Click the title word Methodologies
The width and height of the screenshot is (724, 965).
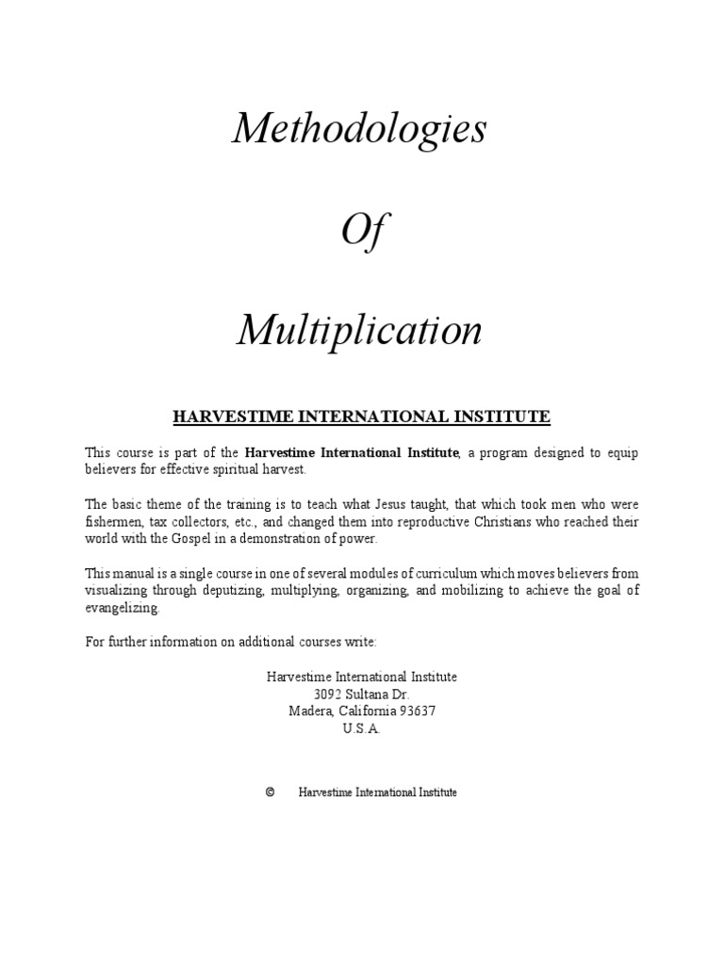point(359,129)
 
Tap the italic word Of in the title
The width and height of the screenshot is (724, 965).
point(361,230)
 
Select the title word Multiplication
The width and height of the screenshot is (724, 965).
point(359,329)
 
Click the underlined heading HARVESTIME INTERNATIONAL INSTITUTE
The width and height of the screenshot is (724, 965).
point(361,416)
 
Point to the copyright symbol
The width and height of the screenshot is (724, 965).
point(270,793)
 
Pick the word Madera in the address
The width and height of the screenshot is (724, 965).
point(308,711)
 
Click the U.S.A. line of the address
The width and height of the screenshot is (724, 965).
point(361,728)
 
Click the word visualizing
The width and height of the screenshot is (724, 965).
point(118,591)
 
